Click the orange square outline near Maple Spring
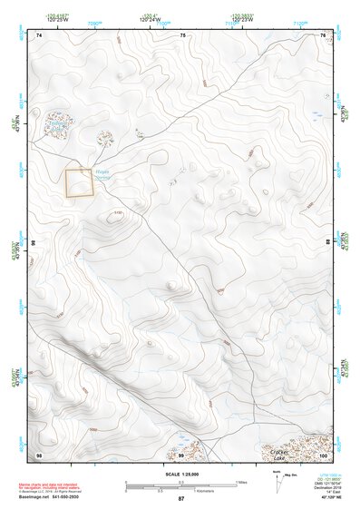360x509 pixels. pyautogui.click(x=80, y=182)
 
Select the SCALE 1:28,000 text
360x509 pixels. pyautogui.click(x=180, y=474)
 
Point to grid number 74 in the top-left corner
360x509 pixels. pyautogui.click(x=41, y=34)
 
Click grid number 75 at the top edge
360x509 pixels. pyautogui.click(x=182, y=34)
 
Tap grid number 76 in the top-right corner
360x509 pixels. pyautogui.click(x=322, y=34)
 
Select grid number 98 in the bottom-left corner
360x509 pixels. pyautogui.click(x=39, y=454)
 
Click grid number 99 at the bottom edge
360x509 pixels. pyautogui.click(x=180, y=454)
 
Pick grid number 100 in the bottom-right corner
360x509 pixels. pyautogui.click(x=322, y=454)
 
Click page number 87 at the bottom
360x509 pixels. pyautogui.click(x=180, y=500)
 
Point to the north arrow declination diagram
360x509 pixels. pyautogui.click(x=290, y=475)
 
